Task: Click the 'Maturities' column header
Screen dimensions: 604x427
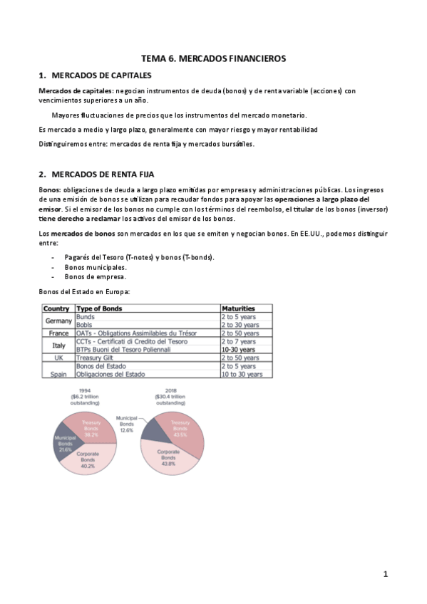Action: [238, 308]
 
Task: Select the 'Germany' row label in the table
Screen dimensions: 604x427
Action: [56, 321]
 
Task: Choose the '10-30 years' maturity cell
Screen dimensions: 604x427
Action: [238, 350]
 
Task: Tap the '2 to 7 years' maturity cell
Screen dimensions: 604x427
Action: [239, 341]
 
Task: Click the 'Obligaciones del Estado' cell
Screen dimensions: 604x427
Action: [110, 374]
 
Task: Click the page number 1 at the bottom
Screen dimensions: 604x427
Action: [386, 574]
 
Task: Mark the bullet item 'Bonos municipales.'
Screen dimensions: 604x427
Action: [96, 267]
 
